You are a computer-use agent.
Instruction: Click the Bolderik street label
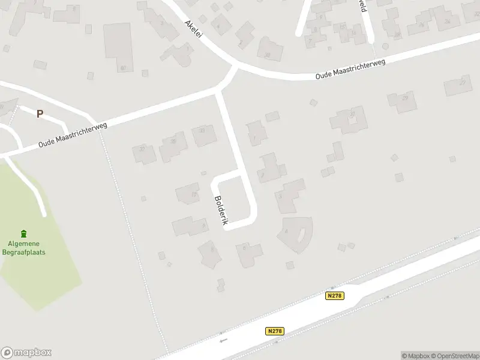[x=220, y=211]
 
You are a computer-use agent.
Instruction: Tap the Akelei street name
[x=194, y=28]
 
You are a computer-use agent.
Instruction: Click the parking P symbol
[x=40, y=113]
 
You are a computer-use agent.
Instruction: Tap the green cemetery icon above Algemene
[x=24, y=233]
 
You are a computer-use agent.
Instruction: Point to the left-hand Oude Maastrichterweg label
[x=72, y=135]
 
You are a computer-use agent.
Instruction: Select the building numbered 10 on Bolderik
[x=187, y=193]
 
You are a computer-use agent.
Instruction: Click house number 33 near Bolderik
[x=202, y=135]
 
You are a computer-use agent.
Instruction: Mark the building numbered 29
[x=401, y=101]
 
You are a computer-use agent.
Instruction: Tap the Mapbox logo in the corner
[x=26, y=352]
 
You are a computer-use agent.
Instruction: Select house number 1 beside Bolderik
[x=257, y=133]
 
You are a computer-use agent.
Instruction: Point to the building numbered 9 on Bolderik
[x=192, y=226]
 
